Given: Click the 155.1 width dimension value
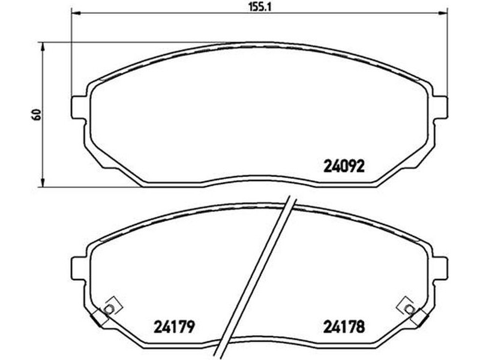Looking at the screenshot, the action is (x=260, y=7).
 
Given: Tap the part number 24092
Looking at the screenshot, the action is (x=344, y=167).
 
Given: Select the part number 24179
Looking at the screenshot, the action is (x=174, y=327).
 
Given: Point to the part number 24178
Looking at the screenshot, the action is (x=344, y=327).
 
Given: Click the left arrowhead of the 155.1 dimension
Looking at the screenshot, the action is (x=76, y=13).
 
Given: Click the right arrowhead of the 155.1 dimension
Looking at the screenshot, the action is (x=443, y=13).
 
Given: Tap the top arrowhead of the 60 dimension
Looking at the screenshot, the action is (x=43, y=47).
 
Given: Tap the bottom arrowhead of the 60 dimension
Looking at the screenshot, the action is (x=43, y=182).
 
